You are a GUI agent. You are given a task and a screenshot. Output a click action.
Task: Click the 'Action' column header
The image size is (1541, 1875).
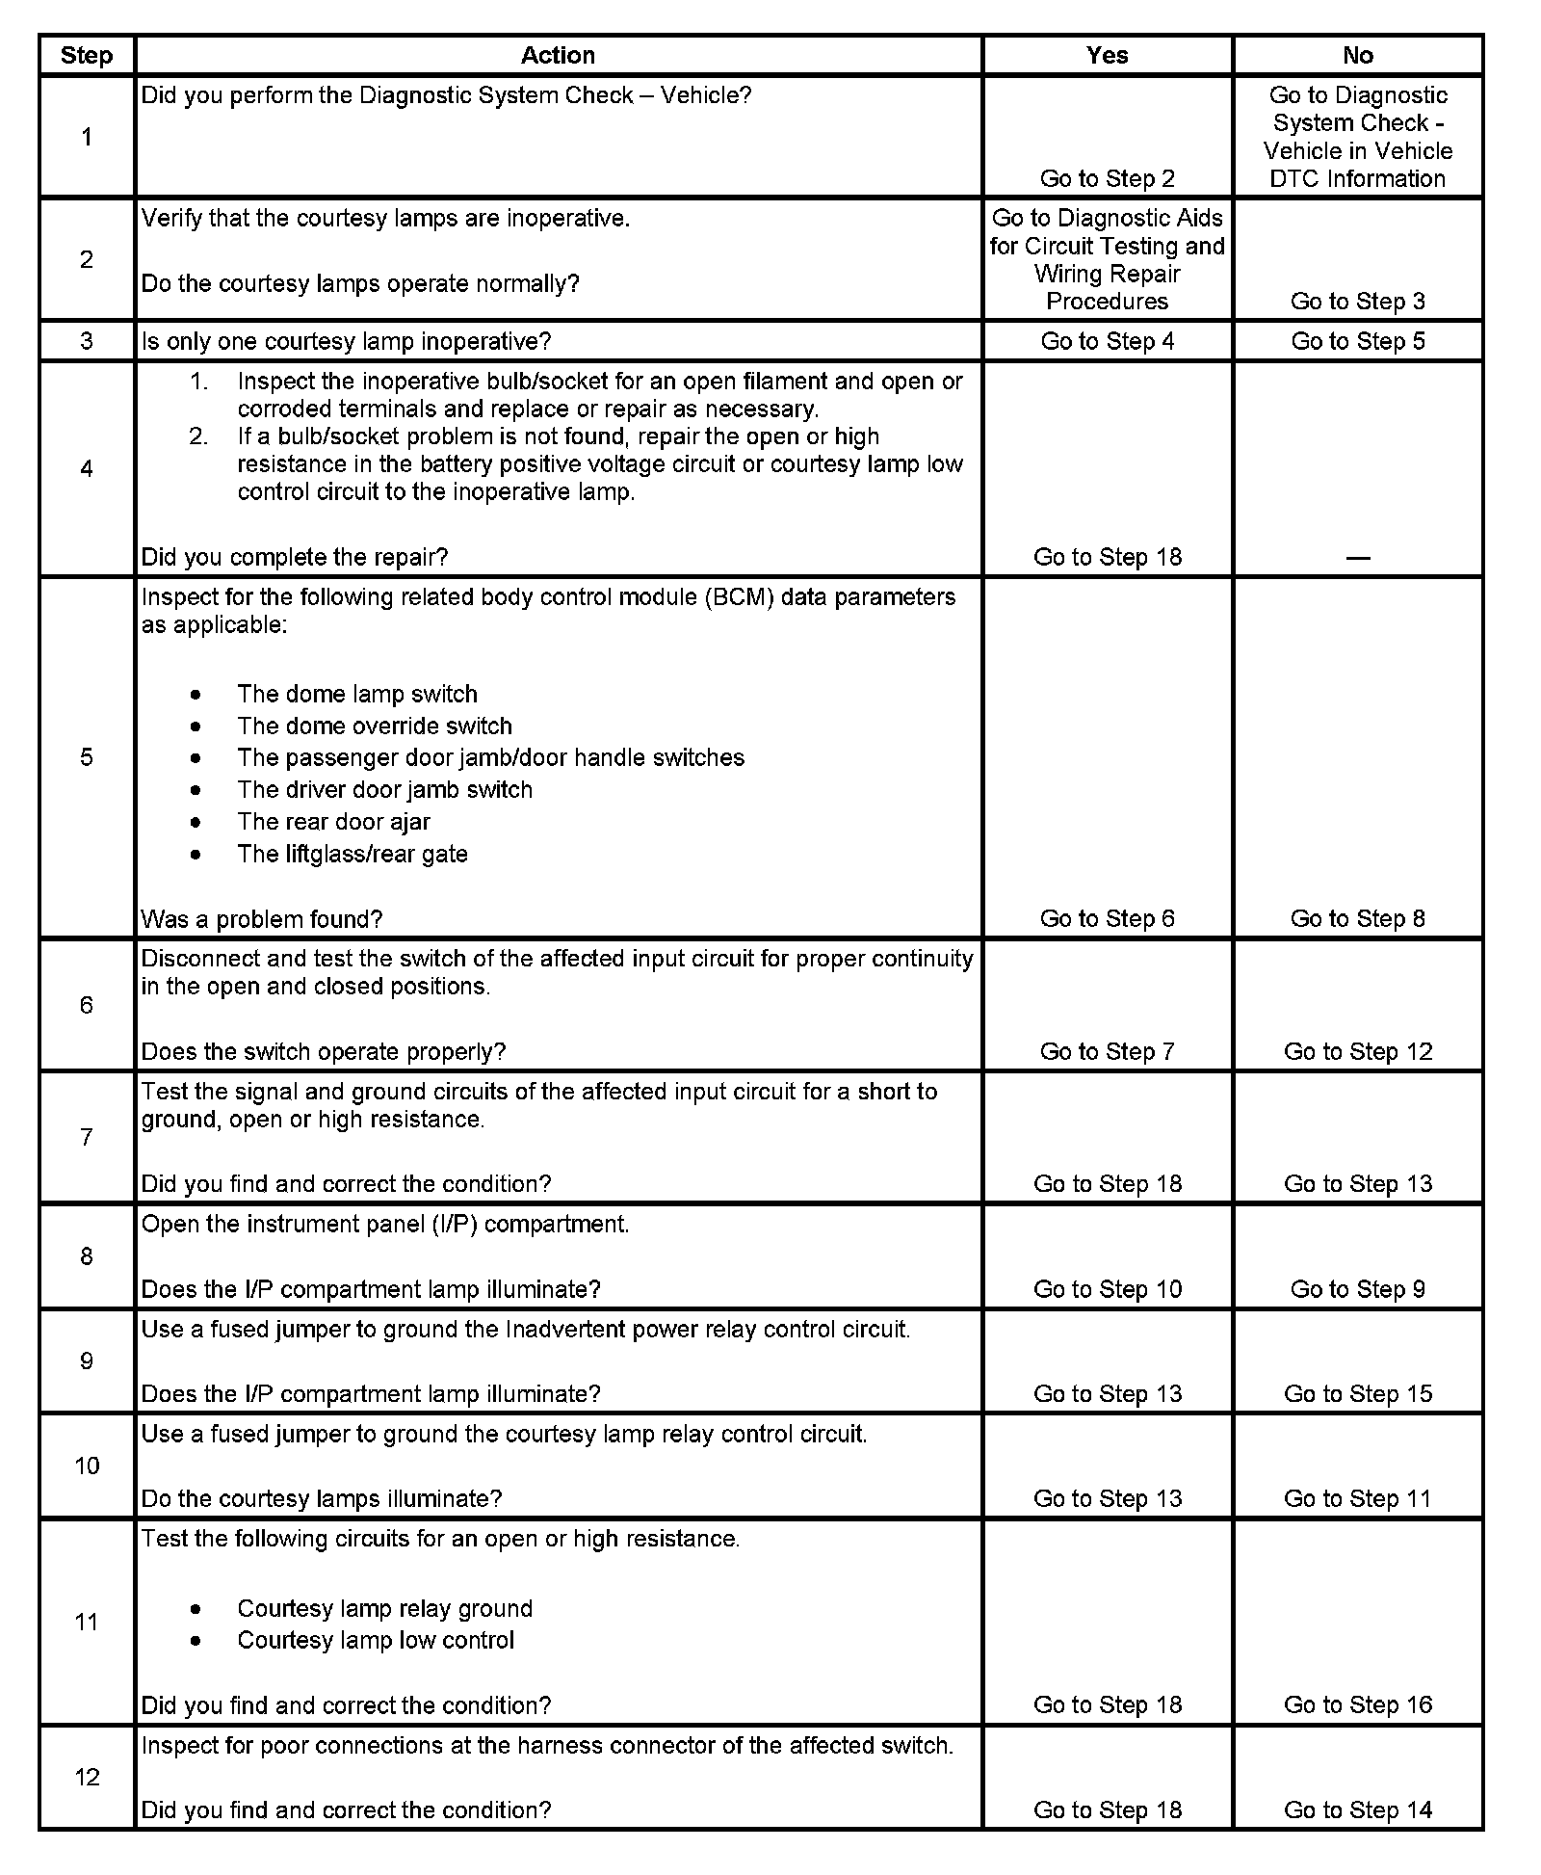(558, 56)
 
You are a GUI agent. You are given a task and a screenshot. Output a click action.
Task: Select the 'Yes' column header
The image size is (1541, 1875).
(1107, 56)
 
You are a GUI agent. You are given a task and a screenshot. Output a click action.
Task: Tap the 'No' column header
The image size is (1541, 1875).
(1357, 56)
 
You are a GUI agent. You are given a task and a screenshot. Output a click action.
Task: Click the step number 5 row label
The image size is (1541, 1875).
(87, 757)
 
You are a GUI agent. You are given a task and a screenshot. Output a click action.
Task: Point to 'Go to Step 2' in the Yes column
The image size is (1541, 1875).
(1108, 178)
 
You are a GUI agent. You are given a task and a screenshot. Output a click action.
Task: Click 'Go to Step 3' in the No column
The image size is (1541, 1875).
(1357, 302)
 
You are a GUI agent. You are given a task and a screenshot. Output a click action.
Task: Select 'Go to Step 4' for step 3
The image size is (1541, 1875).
(1108, 341)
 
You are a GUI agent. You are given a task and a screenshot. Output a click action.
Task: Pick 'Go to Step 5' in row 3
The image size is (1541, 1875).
(1357, 341)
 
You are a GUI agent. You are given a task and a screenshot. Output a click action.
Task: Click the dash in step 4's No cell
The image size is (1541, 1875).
(1357, 558)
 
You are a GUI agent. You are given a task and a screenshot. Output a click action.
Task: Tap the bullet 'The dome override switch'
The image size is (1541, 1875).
(375, 726)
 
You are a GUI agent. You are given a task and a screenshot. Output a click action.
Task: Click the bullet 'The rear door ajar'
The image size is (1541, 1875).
(333, 822)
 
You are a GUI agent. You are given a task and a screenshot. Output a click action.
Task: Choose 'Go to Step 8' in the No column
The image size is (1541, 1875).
(1357, 918)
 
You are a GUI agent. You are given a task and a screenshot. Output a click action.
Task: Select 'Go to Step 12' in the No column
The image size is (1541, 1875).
(1358, 1051)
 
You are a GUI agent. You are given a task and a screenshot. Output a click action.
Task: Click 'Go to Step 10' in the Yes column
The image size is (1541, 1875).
(1108, 1289)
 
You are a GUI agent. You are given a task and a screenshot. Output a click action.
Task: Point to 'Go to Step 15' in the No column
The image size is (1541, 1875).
(1358, 1394)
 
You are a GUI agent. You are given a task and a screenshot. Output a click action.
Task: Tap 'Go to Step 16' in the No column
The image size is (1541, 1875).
(1358, 1704)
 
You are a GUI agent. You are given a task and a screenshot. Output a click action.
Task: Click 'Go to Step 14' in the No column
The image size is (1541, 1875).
(1358, 1810)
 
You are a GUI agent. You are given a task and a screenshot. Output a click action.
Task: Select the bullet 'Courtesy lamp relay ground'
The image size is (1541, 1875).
(384, 1608)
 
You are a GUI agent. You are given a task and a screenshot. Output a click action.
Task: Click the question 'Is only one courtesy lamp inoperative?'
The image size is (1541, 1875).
(347, 342)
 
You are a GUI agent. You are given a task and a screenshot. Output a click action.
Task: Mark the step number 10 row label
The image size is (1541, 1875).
(87, 1466)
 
